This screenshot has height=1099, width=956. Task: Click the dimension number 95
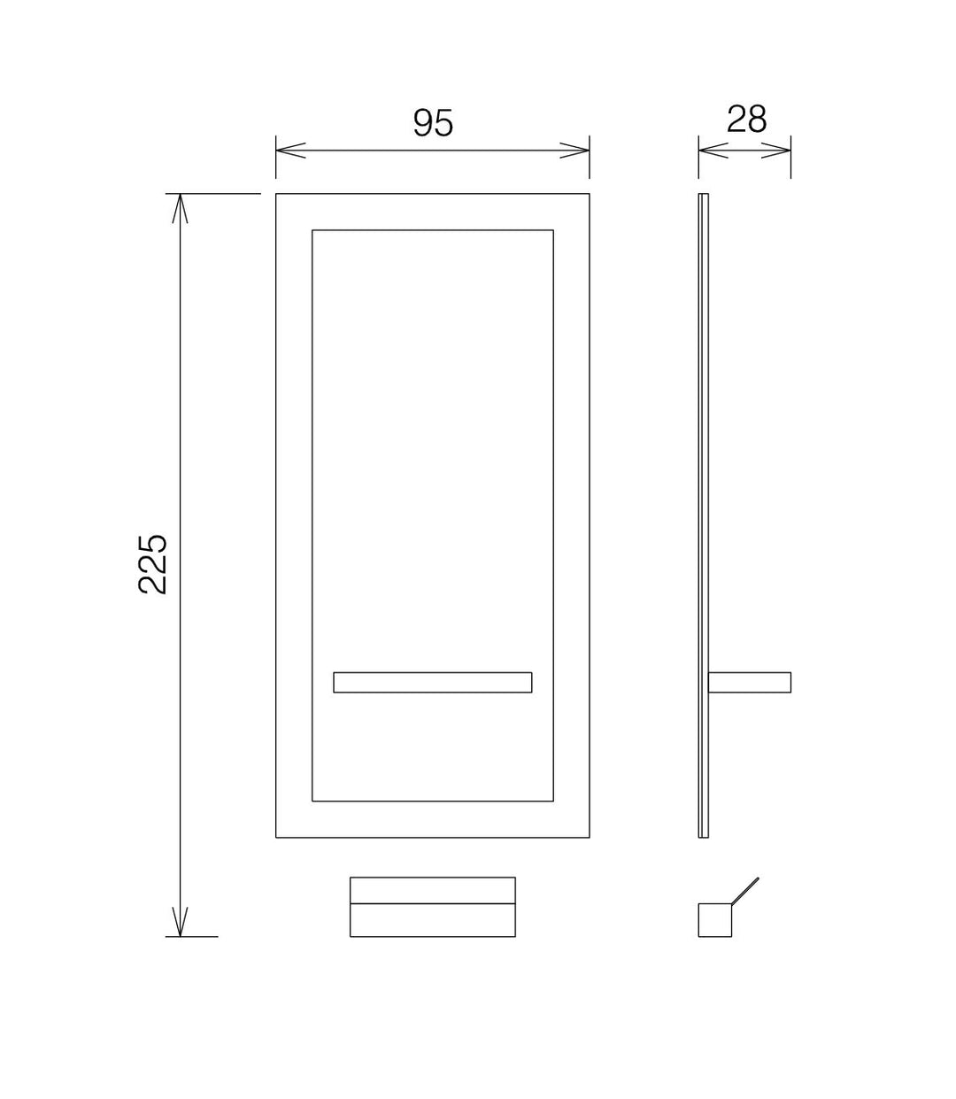(433, 122)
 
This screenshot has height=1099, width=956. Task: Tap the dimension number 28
(746, 120)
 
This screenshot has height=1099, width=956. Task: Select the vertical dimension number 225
(152, 564)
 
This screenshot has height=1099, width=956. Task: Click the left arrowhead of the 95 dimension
(290, 151)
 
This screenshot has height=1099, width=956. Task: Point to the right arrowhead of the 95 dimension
(574, 151)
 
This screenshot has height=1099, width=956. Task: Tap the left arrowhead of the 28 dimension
(713, 151)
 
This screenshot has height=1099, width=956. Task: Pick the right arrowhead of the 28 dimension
(776, 151)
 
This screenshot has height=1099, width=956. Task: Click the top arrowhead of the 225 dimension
(180, 208)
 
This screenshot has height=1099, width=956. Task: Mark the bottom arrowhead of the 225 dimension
(180, 922)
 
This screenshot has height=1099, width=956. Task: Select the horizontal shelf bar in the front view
(433, 682)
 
